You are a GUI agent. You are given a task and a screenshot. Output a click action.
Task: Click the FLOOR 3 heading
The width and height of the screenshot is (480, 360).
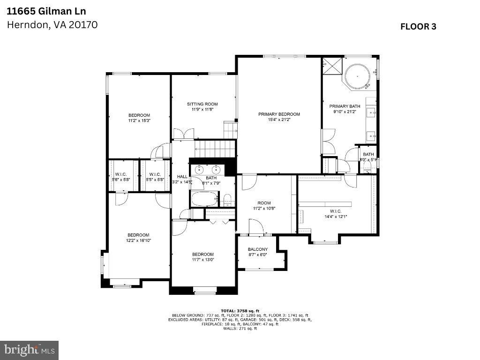click(418, 27)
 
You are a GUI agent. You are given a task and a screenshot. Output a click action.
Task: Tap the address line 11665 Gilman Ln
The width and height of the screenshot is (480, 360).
click(40, 10)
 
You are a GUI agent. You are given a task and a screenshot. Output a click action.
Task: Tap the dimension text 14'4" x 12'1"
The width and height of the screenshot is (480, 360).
click(336, 217)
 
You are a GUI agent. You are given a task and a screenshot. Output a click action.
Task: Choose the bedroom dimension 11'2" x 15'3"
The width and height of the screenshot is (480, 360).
click(139, 120)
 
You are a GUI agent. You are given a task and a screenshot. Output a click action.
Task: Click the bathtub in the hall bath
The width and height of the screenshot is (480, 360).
click(204, 199)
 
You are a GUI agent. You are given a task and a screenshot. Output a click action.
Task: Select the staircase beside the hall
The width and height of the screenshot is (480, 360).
click(213, 150)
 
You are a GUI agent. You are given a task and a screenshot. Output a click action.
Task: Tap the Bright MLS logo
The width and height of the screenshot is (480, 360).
click(29, 350)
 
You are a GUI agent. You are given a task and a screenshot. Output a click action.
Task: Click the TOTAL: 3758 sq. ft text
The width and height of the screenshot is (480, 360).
click(240, 311)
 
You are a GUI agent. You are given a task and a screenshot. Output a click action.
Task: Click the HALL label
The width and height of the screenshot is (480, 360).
click(182, 177)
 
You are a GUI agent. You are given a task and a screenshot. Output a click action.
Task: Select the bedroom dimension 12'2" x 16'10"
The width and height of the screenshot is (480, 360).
click(138, 240)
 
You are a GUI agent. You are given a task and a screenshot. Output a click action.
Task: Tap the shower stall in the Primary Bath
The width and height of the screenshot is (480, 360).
click(332, 66)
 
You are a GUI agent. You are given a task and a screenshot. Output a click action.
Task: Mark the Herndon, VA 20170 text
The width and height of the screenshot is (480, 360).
click(52, 25)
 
